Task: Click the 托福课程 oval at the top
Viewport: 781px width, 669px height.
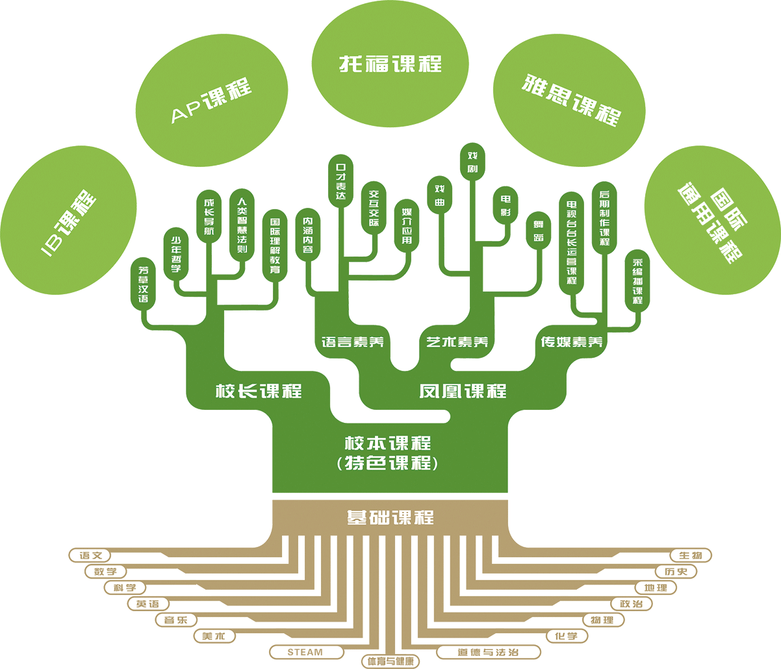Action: tap(390, 64)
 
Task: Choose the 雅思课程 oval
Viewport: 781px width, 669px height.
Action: tap(570, 98)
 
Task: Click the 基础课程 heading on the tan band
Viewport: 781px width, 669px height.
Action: tap(390, 518)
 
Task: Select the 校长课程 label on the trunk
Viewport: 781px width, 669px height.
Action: tap(259, 391)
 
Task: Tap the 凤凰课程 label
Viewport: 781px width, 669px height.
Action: tap(463, 391)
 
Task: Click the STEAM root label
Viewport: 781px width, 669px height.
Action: tap(305, 651)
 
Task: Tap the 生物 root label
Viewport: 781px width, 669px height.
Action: tap(691, 555)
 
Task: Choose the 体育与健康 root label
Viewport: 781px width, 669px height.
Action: tap(390, 661)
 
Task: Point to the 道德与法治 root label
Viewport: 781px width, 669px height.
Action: tap(488, 651)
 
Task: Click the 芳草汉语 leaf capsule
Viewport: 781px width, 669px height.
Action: tap(144, 284)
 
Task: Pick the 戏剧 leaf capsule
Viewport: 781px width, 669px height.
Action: tap(472, 163)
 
